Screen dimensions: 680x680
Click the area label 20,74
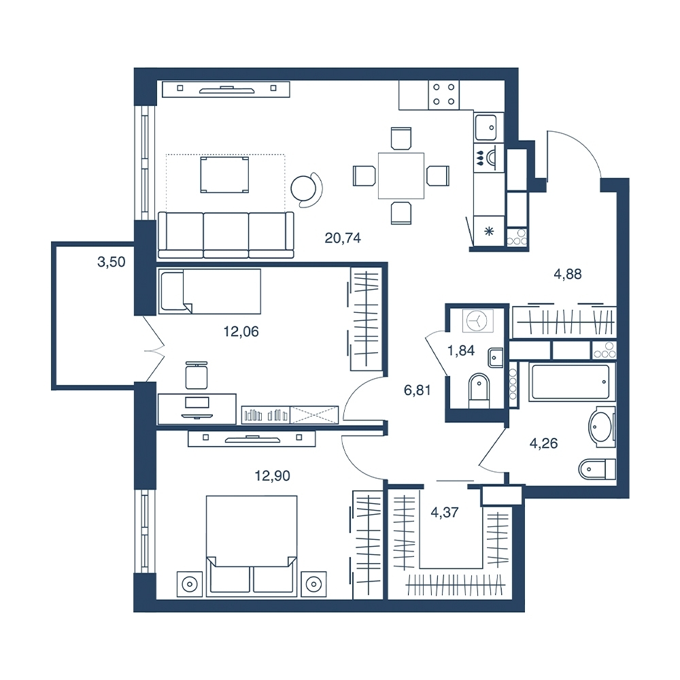343,238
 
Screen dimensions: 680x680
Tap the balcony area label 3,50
112,262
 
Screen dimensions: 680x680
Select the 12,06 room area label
241,332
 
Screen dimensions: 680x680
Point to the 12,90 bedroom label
273,476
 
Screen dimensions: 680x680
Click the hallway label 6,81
418,390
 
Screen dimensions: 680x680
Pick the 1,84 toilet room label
461,350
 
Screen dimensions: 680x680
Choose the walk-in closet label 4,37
445,512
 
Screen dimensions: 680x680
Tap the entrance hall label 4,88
568,274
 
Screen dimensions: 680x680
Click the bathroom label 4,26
544,443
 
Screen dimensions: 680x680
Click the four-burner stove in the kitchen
443,95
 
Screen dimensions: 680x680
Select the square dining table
401,175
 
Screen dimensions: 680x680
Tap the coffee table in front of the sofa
224,175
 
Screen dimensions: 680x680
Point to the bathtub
572,381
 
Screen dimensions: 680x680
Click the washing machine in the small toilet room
477,320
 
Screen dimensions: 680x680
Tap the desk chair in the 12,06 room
197,375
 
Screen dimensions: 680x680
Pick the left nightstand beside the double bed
190,584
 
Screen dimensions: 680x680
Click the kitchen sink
488,127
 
